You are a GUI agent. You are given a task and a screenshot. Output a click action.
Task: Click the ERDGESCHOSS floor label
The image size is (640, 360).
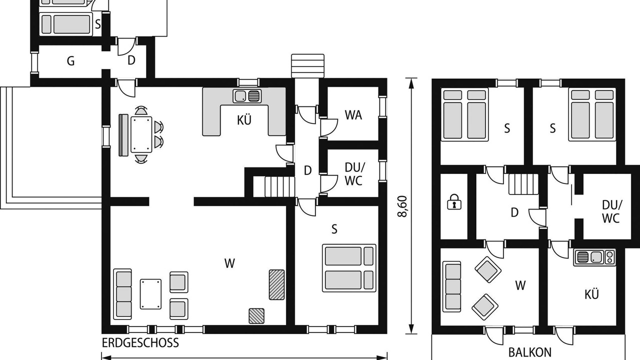pos(140,342)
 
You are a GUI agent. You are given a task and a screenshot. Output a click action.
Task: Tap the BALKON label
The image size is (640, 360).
pos(529,352)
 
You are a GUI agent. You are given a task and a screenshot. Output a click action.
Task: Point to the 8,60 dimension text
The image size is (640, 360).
pos(403,206)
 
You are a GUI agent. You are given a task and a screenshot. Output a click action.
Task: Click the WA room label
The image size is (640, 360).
pos(353,115)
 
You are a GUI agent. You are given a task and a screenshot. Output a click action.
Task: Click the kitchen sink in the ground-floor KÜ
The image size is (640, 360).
pos(247,95)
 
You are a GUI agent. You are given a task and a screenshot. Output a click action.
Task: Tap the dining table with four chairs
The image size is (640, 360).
pos(141,134)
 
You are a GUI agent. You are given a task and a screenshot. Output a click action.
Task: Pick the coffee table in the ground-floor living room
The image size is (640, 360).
pos(150,294)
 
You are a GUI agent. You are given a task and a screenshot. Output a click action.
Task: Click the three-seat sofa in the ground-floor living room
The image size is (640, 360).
pos(122,294)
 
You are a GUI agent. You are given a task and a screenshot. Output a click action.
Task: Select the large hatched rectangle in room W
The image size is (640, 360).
pos(276,284)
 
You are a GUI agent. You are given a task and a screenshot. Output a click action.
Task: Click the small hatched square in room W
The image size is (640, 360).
pos(256,316)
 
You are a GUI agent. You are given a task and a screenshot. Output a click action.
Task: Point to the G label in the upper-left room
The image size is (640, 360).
pos(70,61)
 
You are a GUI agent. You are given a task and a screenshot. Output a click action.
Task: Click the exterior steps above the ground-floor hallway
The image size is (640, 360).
pos(307,65)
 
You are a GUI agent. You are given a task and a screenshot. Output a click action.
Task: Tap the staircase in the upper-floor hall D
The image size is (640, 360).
pos(523,184)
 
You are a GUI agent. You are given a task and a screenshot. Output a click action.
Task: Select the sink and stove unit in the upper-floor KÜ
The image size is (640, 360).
pos(594,257)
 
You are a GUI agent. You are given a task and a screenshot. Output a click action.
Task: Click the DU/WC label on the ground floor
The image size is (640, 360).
pos(353,174)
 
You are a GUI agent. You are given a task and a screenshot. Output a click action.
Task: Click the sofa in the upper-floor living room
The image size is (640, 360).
pos(451,286)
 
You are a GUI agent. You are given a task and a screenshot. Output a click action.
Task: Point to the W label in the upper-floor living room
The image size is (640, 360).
pos(520,285)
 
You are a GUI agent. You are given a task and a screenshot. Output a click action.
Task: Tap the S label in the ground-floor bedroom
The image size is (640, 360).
pos(334,229)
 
